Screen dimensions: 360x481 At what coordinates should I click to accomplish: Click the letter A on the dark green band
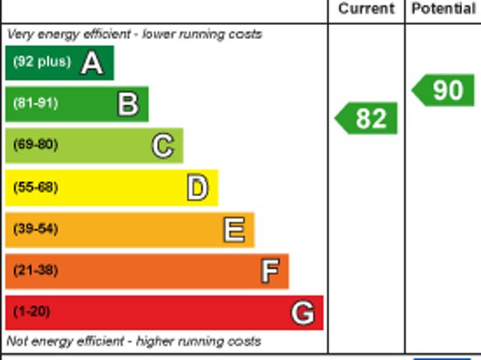pos(92,63)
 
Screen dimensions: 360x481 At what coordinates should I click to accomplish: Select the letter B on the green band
pos(128,104)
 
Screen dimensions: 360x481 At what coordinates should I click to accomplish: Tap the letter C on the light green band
pos(162,146)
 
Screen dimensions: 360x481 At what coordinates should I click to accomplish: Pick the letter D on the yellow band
pos(198,188)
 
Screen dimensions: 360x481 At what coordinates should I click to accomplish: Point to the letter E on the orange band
pos(234,230)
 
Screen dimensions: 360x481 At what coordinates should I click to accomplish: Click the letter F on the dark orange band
pos(270,271)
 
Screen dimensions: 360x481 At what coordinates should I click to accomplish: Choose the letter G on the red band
pos(302,313)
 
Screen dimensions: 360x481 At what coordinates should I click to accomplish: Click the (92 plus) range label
pos(42,62)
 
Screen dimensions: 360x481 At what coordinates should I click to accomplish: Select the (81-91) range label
pos(35,103)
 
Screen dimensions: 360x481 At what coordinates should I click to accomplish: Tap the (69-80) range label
pos(35,144)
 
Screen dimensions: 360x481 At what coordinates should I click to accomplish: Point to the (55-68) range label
pos(35,187)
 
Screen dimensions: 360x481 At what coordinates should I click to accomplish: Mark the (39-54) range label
pos(35,228)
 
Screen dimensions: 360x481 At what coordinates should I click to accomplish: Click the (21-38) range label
pos(35,270)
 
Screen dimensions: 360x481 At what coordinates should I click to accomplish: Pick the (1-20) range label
pos(32,311)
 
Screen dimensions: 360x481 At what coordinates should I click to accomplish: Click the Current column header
pos(366,9)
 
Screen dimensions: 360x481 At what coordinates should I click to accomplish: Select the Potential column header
pos(443,9)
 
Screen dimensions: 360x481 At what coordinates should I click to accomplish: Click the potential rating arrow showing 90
pos(444,90)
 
